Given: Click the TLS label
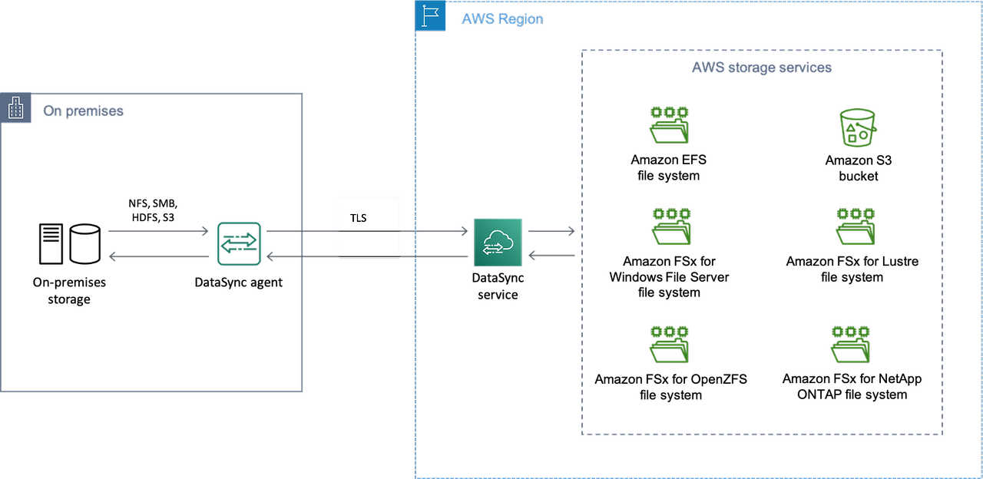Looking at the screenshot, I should [x=358, y=218].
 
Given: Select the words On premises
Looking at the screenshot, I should [x=83, y=111].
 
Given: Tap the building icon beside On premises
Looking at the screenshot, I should [x=15, y=109].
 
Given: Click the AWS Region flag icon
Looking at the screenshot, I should [x=430, y=16].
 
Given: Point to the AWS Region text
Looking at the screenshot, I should [x=501, y=19].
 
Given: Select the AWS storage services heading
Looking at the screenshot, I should [x=761, y=68].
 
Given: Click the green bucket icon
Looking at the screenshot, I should [x=855, y=127].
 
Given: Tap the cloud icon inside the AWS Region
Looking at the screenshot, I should [x=498, y=243].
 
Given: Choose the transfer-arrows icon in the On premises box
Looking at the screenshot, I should [x=239, y=243].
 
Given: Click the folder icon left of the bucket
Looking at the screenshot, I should [x=668, y=125].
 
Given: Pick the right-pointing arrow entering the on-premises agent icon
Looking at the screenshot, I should [x=158, y=230].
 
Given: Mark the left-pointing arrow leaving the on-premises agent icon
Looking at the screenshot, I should [x=158, y=256].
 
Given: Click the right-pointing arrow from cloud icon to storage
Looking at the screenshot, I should [x=551, y=230].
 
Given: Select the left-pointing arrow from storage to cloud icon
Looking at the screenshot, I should [x=551, y=256].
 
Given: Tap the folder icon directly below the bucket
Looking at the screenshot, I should [x=855, y=226].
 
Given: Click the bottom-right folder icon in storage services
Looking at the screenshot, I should [x=850, y=345].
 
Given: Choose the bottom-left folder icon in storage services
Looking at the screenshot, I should [x=668, y=345].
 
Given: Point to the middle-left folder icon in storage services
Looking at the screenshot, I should [x=670, y=226].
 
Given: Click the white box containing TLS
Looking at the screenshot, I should [x=369, y=228].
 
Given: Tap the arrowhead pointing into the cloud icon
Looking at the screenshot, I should [x=464, y=230].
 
